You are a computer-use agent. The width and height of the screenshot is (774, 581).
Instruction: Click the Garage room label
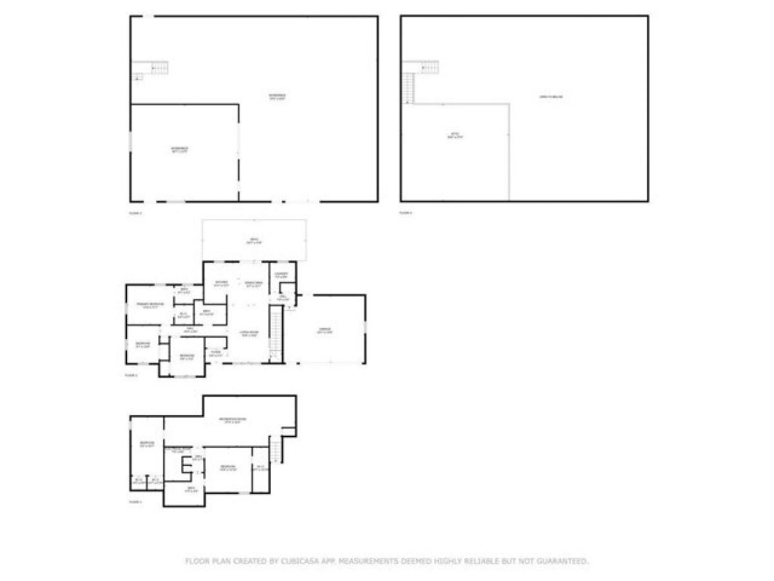pyautogui.click(x=324, y=331)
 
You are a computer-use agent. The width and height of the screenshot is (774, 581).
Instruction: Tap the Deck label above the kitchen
pyautogui.click(x=254, y=241)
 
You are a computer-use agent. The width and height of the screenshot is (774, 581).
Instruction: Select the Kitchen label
pyautogui.click(x=221, y=283)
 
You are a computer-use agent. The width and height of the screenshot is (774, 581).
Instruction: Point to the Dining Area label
pyautogui.click(x=253, y=283)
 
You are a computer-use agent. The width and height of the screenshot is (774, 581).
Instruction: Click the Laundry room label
pyautogui.click(x=281, y=274)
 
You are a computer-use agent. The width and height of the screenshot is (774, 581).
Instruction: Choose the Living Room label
pyautogui.click(x=249, y=334)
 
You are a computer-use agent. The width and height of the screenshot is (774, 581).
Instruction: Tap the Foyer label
pyautogui.click(x=215, y=353)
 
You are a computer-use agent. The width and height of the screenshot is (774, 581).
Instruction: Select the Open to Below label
pyautogui.click(x=551, y=97)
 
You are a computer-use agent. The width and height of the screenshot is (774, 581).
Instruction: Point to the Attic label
pyautogui.click(x=455, y=136)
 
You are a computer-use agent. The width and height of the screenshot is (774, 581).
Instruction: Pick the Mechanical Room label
pyautogui.click(x=178, y=450)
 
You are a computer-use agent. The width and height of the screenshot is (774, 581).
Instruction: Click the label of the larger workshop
pyautogui.click(x=277, y=97)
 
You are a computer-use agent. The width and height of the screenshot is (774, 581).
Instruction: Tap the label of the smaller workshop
pyautogui.click(x=179, y=150)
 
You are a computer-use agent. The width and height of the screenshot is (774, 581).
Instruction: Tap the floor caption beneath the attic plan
pyautogui.click(x=405, y=212)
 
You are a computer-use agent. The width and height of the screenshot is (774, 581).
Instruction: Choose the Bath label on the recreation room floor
pyautogui.click(x=190, y=489)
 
